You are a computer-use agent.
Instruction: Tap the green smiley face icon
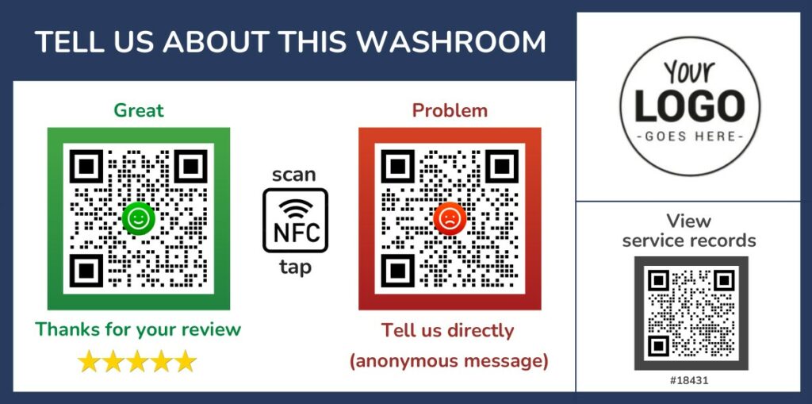tap(139, 218)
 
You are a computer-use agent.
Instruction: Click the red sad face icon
tap(450, 218)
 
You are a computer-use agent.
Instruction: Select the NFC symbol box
tap(295, 221)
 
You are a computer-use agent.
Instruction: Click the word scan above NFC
tap(294, 175)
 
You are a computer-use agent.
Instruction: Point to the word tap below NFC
tap(296, 267)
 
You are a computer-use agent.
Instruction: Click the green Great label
tap(139, 110)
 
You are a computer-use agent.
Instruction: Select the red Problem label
tap(450, 110)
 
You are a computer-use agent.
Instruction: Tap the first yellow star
tap(89, 361)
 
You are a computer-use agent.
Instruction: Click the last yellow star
tap(185, 361)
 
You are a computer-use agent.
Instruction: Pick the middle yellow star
tap(137, 361)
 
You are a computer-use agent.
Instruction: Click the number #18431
tap(689, 381)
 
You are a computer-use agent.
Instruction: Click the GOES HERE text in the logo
tap(690, 137)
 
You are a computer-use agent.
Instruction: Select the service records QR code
tap(691, 314)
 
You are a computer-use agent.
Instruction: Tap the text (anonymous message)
tap(449, 361)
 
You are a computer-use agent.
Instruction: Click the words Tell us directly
tap(447, 331)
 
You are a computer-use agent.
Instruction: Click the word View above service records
tap(689, 221)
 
